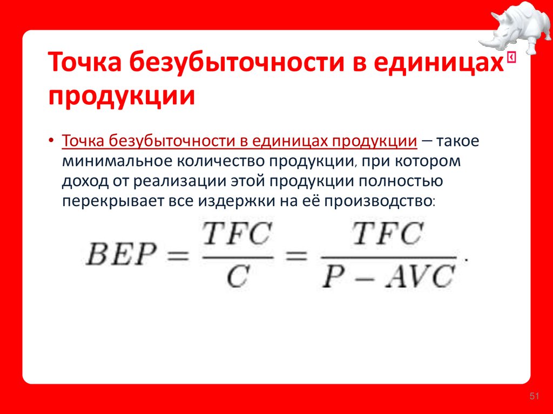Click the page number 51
tap(534, 397)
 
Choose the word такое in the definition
tap(458, 142)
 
